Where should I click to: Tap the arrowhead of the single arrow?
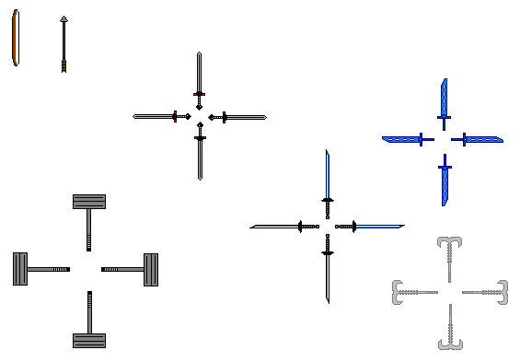tap(64, 18)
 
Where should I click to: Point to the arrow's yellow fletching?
tap(64, 65)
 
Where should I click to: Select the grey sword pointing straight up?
tap(199, 74)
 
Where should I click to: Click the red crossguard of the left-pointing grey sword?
tap(175, 116)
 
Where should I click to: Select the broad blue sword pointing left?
tap(403, 139)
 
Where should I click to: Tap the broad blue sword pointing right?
tap(482, 139)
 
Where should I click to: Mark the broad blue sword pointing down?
tap(445, 181)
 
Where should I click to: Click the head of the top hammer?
tap(89, 202)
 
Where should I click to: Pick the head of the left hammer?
tap(20, 269)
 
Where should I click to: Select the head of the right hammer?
tap(151, 269)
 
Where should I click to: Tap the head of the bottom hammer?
tap(89, 340)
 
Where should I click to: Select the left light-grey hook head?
tap(399, 291)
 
